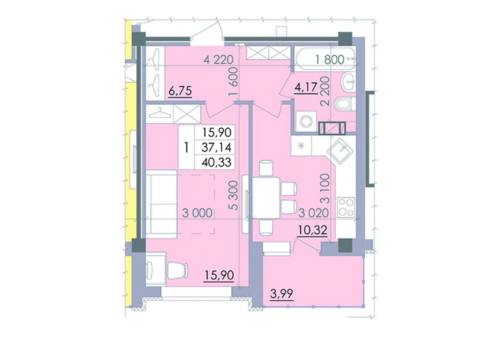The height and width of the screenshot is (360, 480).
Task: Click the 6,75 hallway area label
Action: coord(180,91)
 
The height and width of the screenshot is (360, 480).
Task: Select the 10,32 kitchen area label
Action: coord(313,230)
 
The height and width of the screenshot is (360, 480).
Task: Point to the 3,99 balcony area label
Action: coord(281,294)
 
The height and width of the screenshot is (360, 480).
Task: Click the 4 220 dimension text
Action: coord(218,60)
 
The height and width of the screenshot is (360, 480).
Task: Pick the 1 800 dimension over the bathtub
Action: coord(330,60)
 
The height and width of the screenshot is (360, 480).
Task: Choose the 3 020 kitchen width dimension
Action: coord(313,213)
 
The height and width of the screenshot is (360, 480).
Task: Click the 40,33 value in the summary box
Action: coord(216,162)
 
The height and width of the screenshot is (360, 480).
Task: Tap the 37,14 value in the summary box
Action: coord(216,148)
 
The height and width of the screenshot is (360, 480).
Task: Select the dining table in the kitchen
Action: coord(266,198)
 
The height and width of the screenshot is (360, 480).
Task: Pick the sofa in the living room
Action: coord(161,204)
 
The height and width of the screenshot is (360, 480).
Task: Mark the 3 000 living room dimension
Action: coord(197,213)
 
